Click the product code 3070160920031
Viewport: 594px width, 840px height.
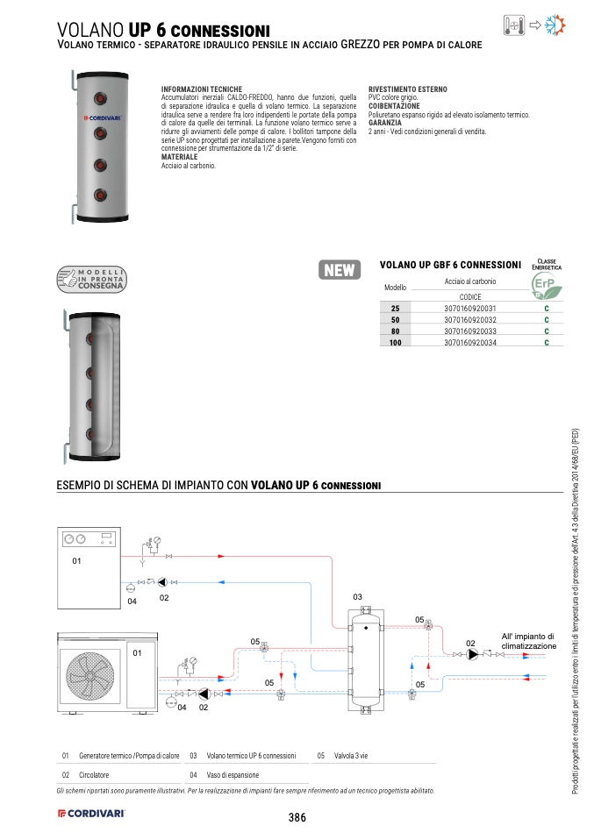(x=470, y=309)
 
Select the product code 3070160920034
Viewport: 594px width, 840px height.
(x=470, y=343)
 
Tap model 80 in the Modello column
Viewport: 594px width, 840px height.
(x=395, y=331)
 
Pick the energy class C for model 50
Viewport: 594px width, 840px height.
(x=547, y=320)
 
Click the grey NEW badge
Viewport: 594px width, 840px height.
(x=340, y=270)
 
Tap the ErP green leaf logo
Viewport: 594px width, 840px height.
(x=547, y=286)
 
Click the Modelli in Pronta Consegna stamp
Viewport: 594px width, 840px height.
(x=91, y=279)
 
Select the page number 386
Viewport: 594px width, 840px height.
(x=297, y=817)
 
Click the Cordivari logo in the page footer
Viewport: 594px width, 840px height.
(x=91, y=813)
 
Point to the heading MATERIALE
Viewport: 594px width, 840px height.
(x=179, y=157)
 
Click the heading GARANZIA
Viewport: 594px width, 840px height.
(x=385, y=123)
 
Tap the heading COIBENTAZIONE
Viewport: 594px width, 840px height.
(x=394, y=106)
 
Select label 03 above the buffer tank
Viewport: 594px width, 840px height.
(x=358, y=597)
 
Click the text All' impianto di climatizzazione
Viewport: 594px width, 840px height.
(x=528, y=641)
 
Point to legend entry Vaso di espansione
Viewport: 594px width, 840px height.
(x=233, y=775)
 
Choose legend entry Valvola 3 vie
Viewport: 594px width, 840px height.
(x=351, y=756)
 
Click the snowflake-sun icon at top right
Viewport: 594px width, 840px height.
(x=555, y=25)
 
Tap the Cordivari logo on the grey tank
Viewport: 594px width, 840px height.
(x=103, y=117)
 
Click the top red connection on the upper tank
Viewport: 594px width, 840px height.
(x=100, y=98)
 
